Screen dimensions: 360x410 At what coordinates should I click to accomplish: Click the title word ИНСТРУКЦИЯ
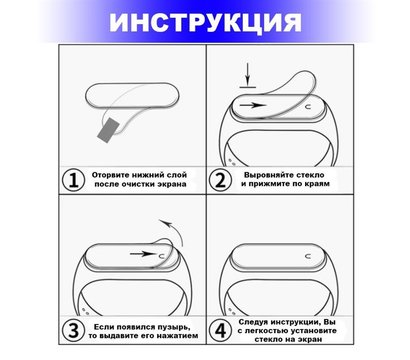click(204, 22)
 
